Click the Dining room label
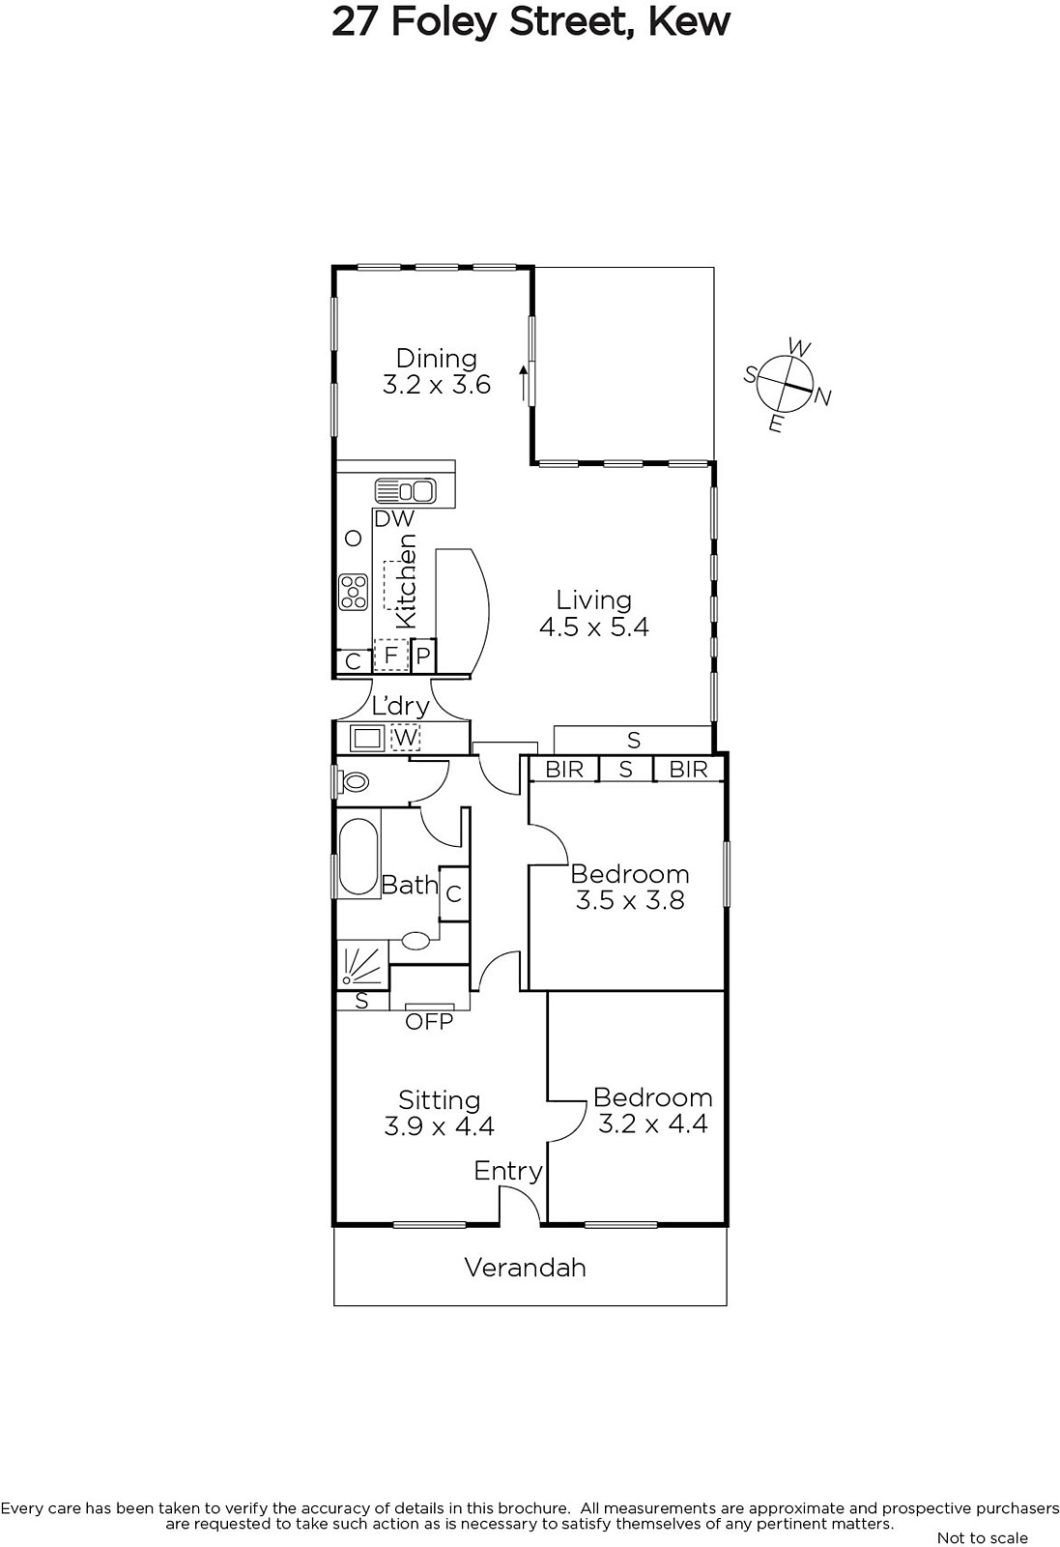pyautogui.click(x=436, y=359)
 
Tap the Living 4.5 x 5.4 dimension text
pyautogui.click(x=594, y=628)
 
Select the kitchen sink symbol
pyautogui.click(x=405, y=490)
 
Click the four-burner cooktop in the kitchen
pyautogui.click(x=354, y=593)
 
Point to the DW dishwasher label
pyautogui.click(x=394, y=518)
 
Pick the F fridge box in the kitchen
pyautogui.click(x=391, y=655)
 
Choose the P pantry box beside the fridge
pyautogui.click(x=424, y=655)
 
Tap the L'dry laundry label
pyautogui.click(x=401, y=706)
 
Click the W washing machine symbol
pyautogui.click(x=405, y=738)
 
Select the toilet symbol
pyautogui.click(x=353, y=782)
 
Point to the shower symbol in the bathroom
pyautogui.click(x=362, y=965)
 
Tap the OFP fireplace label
pyautogui.click(x=429, y=1021)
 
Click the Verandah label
pyautogui.click(x=526, y=1268)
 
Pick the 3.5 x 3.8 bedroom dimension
pyautogui.click(x=630, y=900)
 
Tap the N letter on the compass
pyautogui.click(x=822, y=396)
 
